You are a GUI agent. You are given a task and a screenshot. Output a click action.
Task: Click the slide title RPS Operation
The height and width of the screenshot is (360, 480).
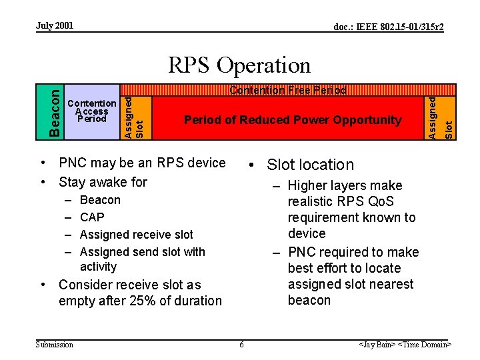pos(239,65)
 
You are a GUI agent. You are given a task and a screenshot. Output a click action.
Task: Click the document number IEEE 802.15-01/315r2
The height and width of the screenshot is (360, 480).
pos(389,27)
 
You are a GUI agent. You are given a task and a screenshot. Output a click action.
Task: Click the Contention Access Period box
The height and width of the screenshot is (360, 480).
pos(92,111)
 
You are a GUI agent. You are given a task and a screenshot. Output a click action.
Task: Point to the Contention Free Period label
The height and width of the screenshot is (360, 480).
pos(288,90)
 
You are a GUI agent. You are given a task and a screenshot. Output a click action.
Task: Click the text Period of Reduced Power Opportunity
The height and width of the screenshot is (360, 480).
pos(293,120)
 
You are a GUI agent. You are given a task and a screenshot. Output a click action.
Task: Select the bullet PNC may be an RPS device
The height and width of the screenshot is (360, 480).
pos(142,163)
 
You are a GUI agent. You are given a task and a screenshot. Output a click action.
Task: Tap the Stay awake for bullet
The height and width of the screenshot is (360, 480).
pos(103,182)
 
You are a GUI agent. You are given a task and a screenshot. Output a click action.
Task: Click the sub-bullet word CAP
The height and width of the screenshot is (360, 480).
pos(92,217)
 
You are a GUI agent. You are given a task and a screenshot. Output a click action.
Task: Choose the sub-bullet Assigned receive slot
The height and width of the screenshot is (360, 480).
pos(136,235)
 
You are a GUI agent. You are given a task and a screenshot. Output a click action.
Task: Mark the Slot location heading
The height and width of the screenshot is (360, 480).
pos(310,165)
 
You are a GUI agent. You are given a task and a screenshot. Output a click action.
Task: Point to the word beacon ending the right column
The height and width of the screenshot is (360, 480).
pos(309,300)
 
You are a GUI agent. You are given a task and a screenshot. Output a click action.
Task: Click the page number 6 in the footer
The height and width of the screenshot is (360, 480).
pos(241,344)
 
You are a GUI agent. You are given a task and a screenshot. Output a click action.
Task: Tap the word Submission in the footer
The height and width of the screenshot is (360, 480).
pos(55,344)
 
